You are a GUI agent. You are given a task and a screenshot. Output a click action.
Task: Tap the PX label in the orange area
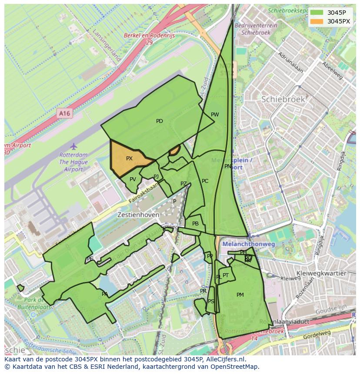[129, 159]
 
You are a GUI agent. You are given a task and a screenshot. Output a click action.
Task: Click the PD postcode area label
[160, 121]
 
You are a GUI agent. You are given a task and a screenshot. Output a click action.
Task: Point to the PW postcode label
[215, 115]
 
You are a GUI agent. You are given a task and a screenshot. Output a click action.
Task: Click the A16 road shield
[64, 113]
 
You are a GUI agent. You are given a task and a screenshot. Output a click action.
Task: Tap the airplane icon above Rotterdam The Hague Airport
[73, 146]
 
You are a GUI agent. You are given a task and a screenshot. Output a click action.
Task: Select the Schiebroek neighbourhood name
[283, 99]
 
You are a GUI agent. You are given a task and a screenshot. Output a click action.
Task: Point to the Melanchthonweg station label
[248, 245]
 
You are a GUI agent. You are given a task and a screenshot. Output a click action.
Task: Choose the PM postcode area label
[240, 295]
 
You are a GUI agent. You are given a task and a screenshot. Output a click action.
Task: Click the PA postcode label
[105, 294]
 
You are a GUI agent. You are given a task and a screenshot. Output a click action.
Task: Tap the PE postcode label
[90, 259]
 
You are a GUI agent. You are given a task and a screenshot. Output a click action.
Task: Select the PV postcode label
[133, 179]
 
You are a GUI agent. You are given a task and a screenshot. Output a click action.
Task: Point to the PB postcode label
[195, 224]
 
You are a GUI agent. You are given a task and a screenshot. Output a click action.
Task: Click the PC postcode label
[205, 181]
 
